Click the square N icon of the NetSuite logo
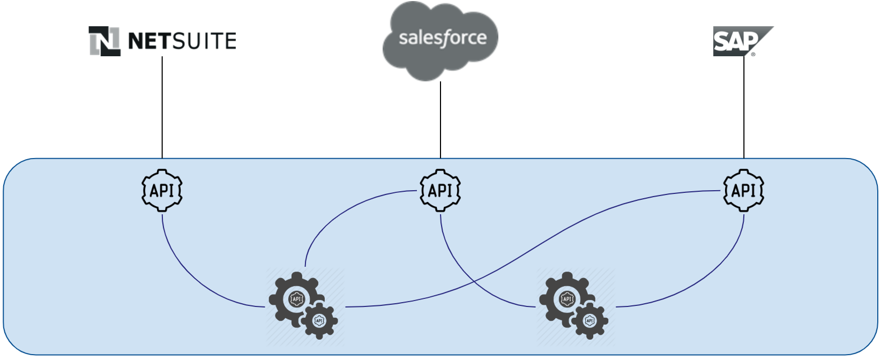[104, 41]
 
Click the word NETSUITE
[182, 41]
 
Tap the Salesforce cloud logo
[441, 40]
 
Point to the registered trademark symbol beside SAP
[753, 54]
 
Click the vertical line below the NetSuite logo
[162, 107]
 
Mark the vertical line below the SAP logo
[744, 107]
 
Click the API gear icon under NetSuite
[162, 191]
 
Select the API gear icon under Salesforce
[441, 191]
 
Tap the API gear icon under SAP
[744, 191]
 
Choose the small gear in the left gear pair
[319, 321]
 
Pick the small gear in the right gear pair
[589, 321]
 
